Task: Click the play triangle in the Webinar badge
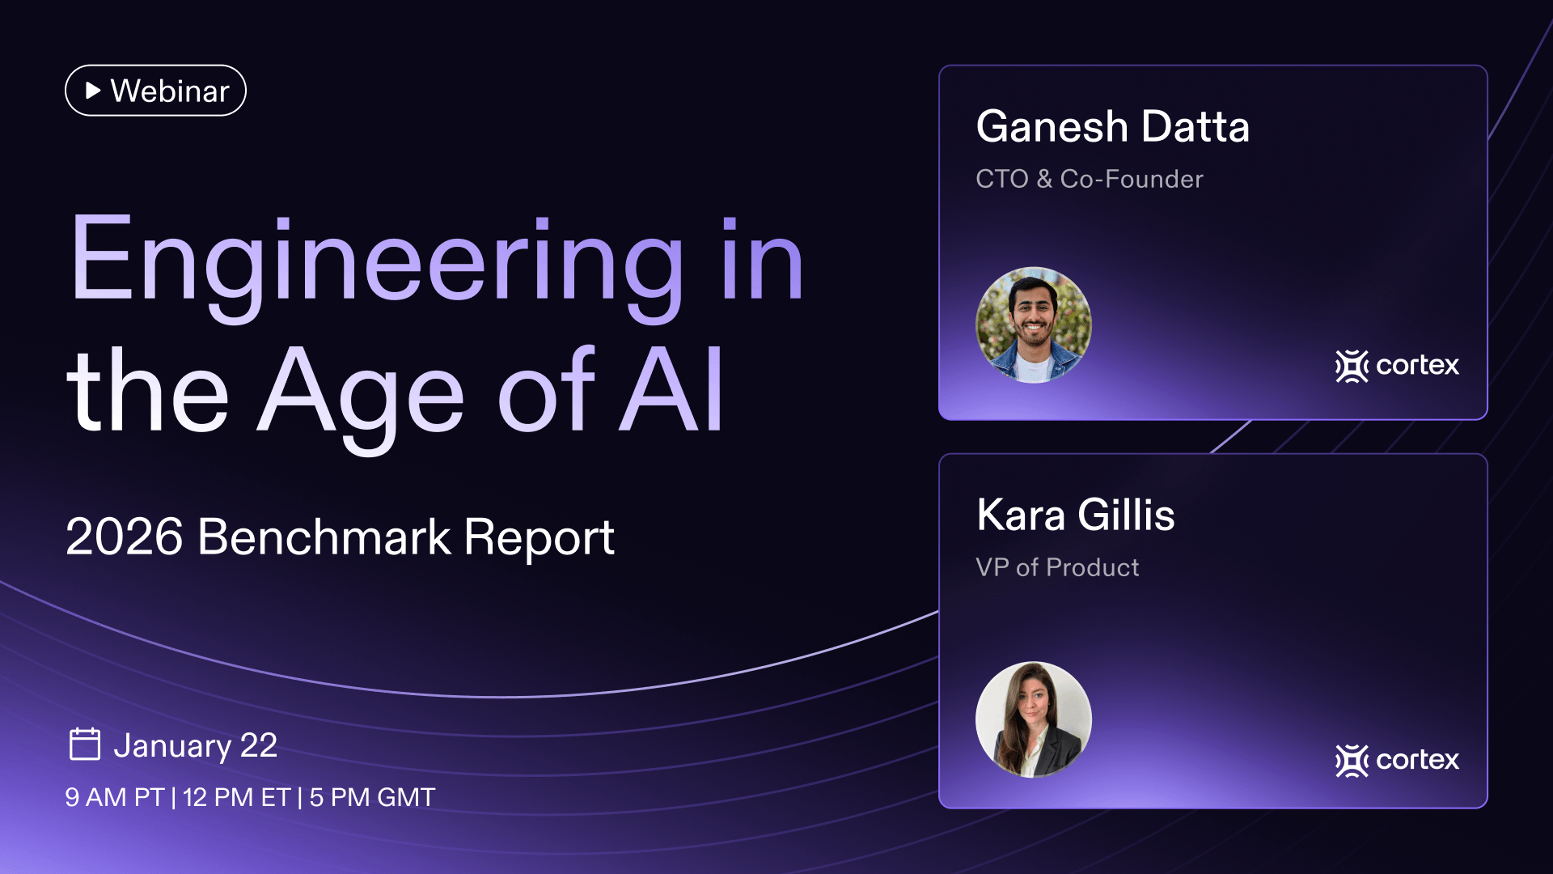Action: click(93, 91)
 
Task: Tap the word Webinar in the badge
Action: click(170, 91)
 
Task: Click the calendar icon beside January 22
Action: click(85, 744)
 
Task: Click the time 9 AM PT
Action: click(115, 797)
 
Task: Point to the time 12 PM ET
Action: click(236, 797)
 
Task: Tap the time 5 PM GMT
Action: click(372, 797)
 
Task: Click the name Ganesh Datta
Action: click(1113, 127)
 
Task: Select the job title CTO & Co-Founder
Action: click(1090, 179)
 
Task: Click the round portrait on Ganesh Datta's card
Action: click(1034, 325)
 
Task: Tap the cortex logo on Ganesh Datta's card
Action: click(1397, 366)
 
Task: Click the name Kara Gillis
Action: click(1076, 515)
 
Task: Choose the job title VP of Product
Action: click(1057, 567)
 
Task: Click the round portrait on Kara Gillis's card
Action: click(1034, 719)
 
